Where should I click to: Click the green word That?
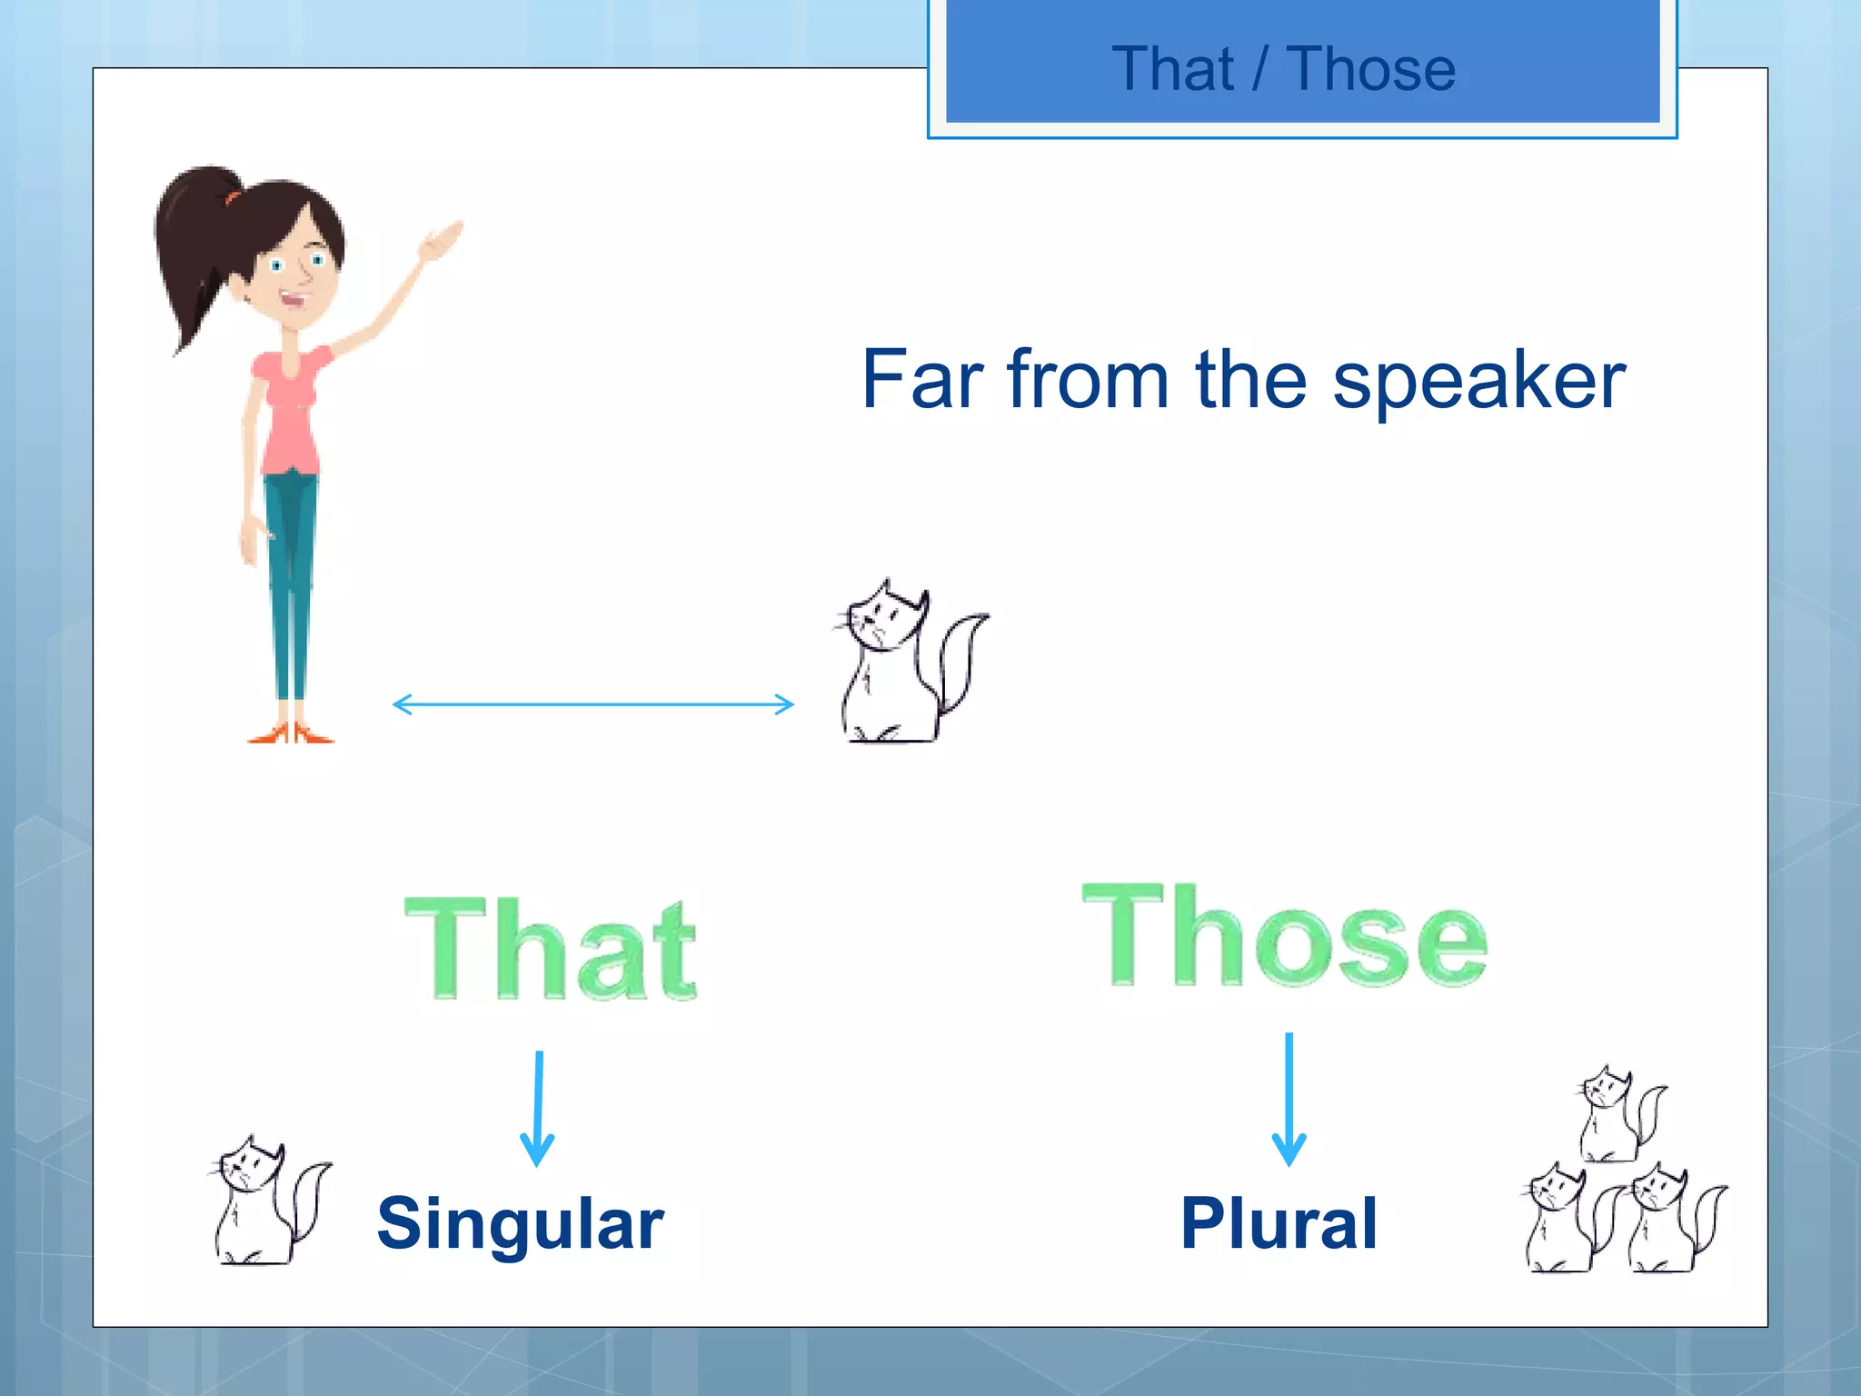551,949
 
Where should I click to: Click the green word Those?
1285,936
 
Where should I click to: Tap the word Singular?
520,1223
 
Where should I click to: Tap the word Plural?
1279,1223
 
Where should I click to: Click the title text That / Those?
1283,69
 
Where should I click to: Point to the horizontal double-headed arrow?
592,704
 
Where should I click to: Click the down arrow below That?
538,1109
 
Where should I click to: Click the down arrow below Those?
1289,1100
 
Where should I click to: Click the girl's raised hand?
442,241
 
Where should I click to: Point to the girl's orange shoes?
291,733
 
